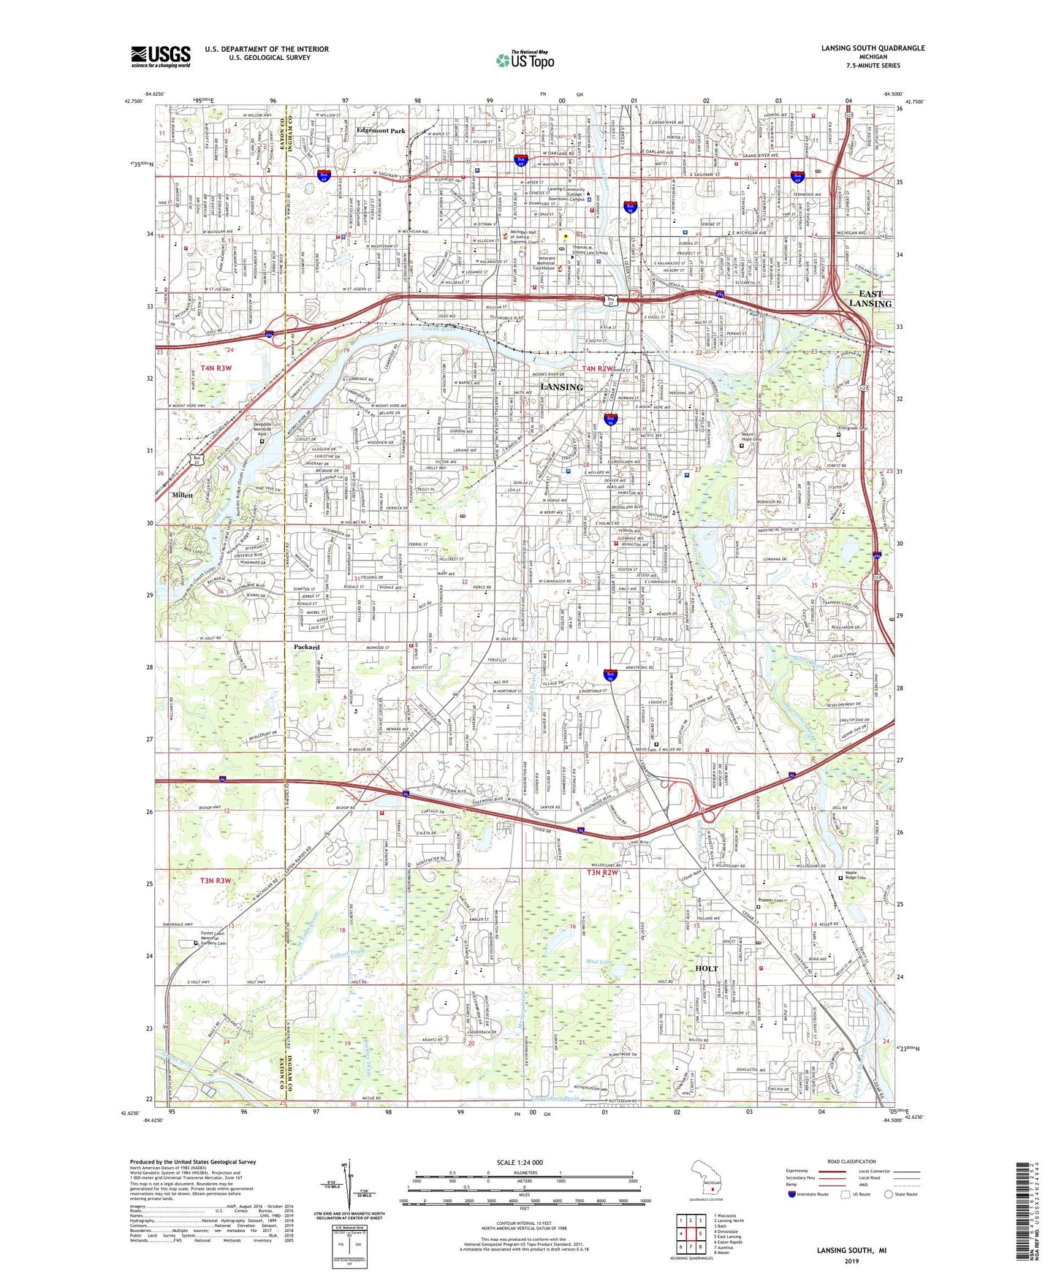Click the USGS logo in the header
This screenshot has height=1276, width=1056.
tap(161, 56)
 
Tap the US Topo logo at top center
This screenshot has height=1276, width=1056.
tap(524, 61)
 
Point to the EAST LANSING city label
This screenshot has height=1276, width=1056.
tap(870, 299)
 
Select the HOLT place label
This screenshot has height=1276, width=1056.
tap(707, 968)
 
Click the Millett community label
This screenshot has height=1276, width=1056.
tap(183, 495)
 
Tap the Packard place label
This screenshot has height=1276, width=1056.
tap(307, 648)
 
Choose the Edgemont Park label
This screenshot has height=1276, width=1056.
tap(380, 131)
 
